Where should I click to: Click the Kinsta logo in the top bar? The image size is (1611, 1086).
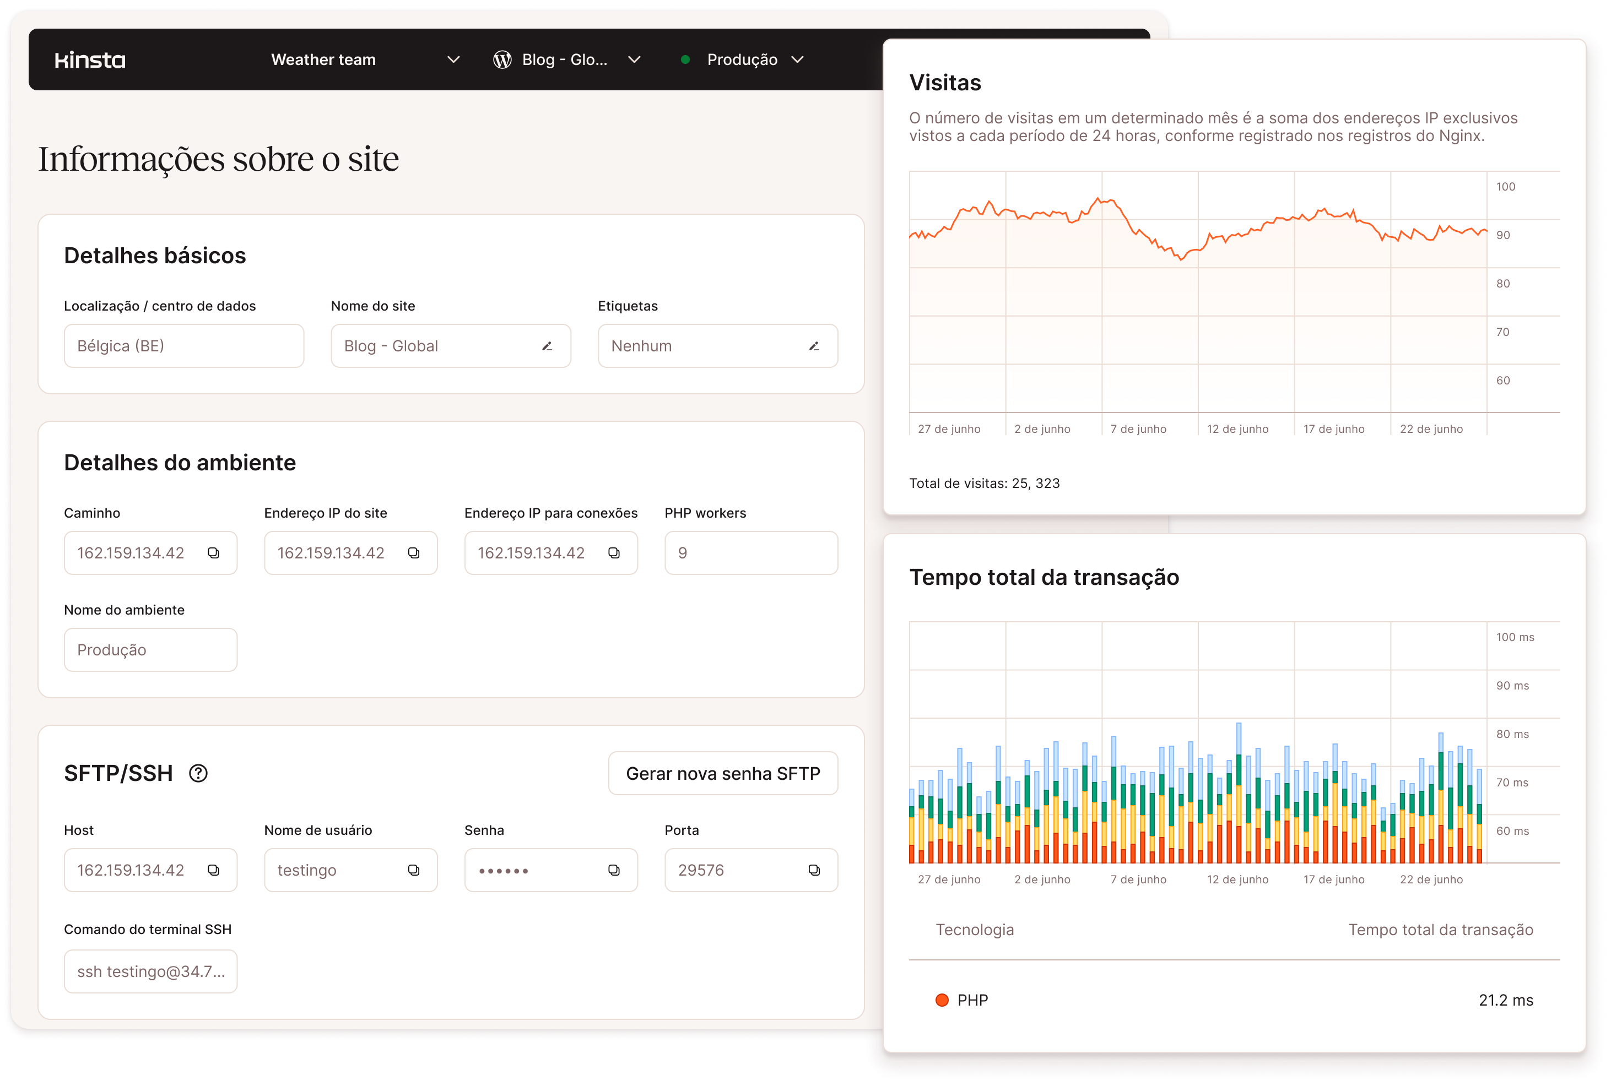coord(90,60)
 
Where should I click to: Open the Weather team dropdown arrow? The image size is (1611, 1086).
coord(453,59)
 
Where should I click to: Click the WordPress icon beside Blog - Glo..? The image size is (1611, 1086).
coord(502,60)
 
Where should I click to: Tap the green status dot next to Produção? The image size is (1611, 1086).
coord(685,59)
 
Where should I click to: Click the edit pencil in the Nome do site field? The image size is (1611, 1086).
coord(547,346)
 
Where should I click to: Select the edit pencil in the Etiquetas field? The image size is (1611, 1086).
coord(813,346)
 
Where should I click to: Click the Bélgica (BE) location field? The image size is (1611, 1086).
coord(183,346)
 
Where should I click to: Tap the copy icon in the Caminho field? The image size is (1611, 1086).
coord(213,553)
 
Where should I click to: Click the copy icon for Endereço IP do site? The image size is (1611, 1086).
coord(414,553)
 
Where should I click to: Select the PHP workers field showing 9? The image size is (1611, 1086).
coord(750,553)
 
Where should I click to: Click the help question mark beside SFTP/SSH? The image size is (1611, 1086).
coord(198,773)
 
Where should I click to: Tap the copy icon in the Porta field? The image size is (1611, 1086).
coord(814,870)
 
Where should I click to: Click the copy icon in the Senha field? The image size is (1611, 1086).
coord(614,870)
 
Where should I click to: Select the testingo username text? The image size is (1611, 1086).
coord(307,871)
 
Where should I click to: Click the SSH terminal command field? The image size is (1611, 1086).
coord(150,971)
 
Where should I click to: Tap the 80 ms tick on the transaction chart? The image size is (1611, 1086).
coord(1512,734)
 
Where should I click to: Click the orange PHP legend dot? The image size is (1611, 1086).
coord(942,1000)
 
